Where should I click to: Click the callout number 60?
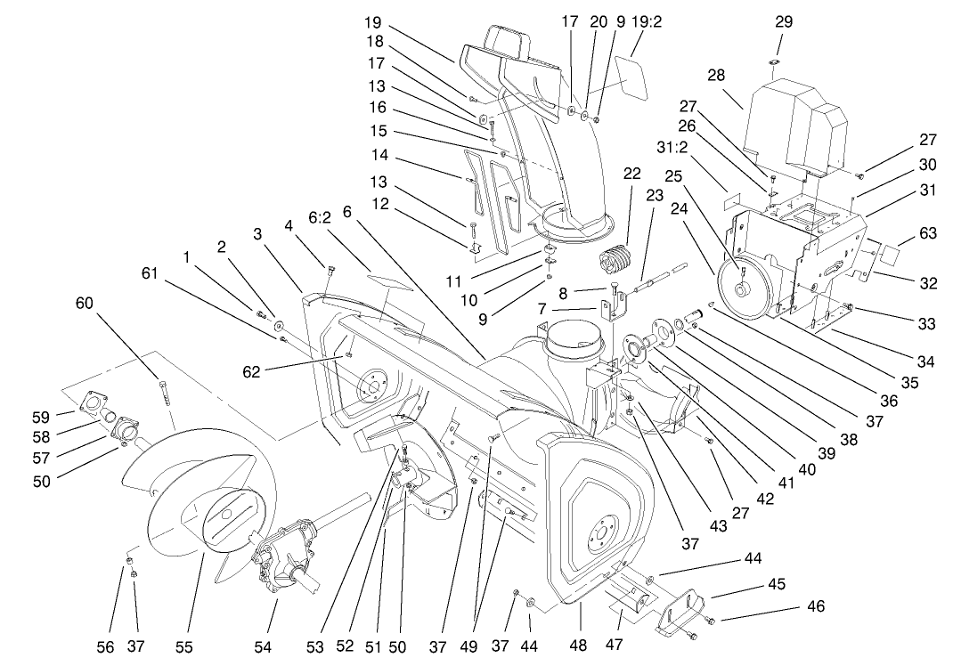[x=86, y=305]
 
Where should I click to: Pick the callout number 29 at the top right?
[x=784, y=21]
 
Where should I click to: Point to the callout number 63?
[x=928, y=233]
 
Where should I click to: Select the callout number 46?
[x=815, y=607]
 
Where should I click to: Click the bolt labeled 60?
[x=164, y=393]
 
